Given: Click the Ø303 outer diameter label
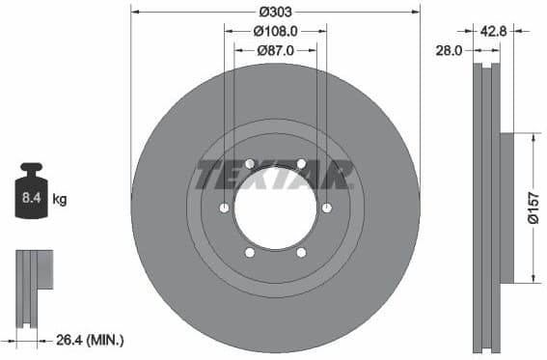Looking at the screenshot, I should (x=276, y=12).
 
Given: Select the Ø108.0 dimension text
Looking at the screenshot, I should (x=276, y=31).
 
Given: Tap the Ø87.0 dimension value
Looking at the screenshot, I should (x=276, y=50).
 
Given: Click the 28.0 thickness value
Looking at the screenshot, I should (x=451, y=49).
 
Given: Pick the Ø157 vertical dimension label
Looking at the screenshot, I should (x=532, y=208).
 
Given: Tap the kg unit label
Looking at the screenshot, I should (x=60, y=200).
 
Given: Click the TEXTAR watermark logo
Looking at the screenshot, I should (x=275, y=176).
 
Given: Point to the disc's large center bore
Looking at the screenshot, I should (x=275, y=208).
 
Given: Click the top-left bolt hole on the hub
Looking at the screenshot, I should (x=249, y=163).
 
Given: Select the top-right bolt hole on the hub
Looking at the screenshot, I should (x=301, y=163).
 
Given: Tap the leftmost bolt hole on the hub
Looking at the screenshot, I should (x=224, y=208).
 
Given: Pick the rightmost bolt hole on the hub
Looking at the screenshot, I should (x=326, y=208).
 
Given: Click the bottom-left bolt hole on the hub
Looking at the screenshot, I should (x=249, y=253).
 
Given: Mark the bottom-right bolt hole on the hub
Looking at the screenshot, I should (x=301, y=253).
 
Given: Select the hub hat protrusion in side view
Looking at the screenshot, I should (x=507, y=208).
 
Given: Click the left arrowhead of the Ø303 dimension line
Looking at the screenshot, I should (x=134, y=12).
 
